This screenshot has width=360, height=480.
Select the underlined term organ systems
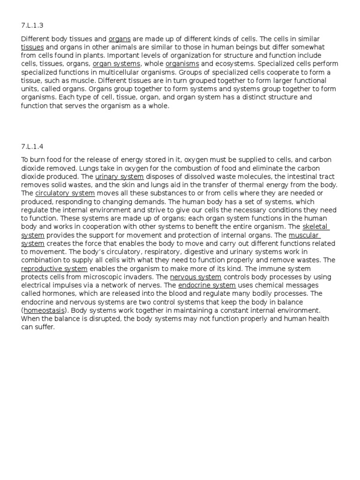116,64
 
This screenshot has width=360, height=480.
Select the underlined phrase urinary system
120,177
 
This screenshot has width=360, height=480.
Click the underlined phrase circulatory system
65,193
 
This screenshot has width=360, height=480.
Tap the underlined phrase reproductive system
54,269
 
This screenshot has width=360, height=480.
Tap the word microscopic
108,277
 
